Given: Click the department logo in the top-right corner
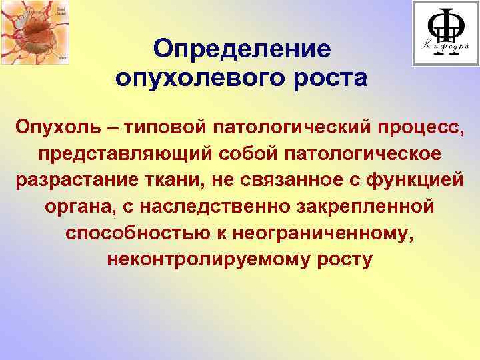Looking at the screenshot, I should point(445,33).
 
